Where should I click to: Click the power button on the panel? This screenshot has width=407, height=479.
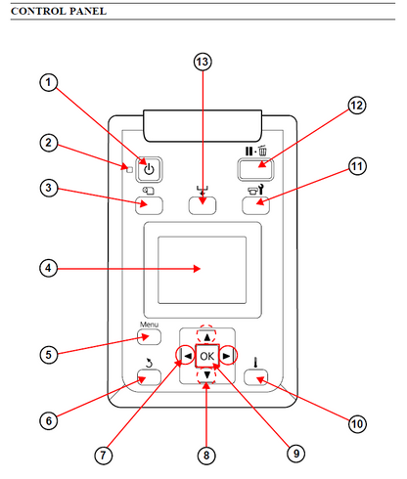pyautogui.click(x=149, y=169)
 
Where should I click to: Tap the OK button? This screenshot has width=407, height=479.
pyautogui.click(x=207, y=356)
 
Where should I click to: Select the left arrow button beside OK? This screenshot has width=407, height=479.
pyautogui.click(x=187, y=356)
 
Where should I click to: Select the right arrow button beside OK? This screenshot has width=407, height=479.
pyautogui.click(x=227, y=356)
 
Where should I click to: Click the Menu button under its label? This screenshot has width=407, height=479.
pyautogui.click(x=149, y=337)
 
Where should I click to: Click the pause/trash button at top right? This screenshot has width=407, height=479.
pyautogui.click(x=255, y=169)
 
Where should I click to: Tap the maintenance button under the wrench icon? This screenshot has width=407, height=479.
pyautogui.click(x=255, y=205)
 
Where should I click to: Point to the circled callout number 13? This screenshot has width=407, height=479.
pyautogui.click(x=203, y=62)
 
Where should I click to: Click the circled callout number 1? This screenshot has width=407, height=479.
pyautogui.click(x=49, y=82)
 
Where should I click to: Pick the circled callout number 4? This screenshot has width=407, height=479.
pyautogui.click(x=49, y=269)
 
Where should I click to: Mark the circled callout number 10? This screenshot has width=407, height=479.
pyautogui.click(x=357, y=424)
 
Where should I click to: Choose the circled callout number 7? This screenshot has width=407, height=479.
pyautogui.click(x=104, y=456)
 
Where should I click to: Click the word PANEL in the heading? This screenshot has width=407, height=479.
pyautogui.click(x=88, y=11)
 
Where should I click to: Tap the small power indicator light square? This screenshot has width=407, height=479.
pyautogui.click(x=129, y=170)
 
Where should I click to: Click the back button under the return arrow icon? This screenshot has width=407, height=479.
pyautogui.click(x=149, y=377)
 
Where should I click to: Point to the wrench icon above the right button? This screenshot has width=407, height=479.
pyautogui.click(x=260, y=191)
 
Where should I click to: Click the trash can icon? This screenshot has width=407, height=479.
pyautogui.click(x=262, y=151)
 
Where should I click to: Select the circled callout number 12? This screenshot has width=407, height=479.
pyautogui.click(x=357, y=106)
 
